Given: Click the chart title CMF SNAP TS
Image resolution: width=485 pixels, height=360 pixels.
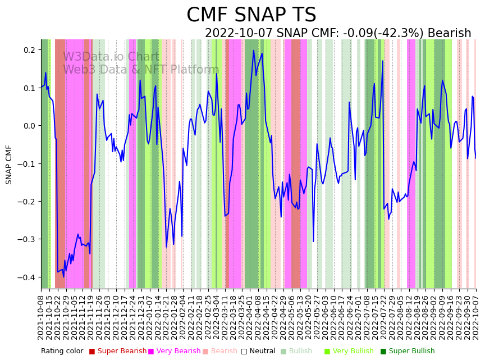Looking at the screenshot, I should [x=251, y=15].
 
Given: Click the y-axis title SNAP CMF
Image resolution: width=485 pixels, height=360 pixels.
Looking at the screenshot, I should [x=9, y=165].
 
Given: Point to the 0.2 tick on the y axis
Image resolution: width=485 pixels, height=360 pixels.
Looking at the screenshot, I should [x=29, y=50].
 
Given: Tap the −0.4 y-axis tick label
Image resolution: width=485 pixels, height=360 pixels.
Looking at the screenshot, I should [x=27, y=277].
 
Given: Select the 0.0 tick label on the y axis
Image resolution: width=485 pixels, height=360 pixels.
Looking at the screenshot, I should [x=29, y=126].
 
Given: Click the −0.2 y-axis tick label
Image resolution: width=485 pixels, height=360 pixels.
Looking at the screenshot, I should [x=27, y=202].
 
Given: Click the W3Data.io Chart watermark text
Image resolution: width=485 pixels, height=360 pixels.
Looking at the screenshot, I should [x=111, y=57].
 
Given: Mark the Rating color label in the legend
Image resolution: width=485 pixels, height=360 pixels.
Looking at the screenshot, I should [x=62, y=352].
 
